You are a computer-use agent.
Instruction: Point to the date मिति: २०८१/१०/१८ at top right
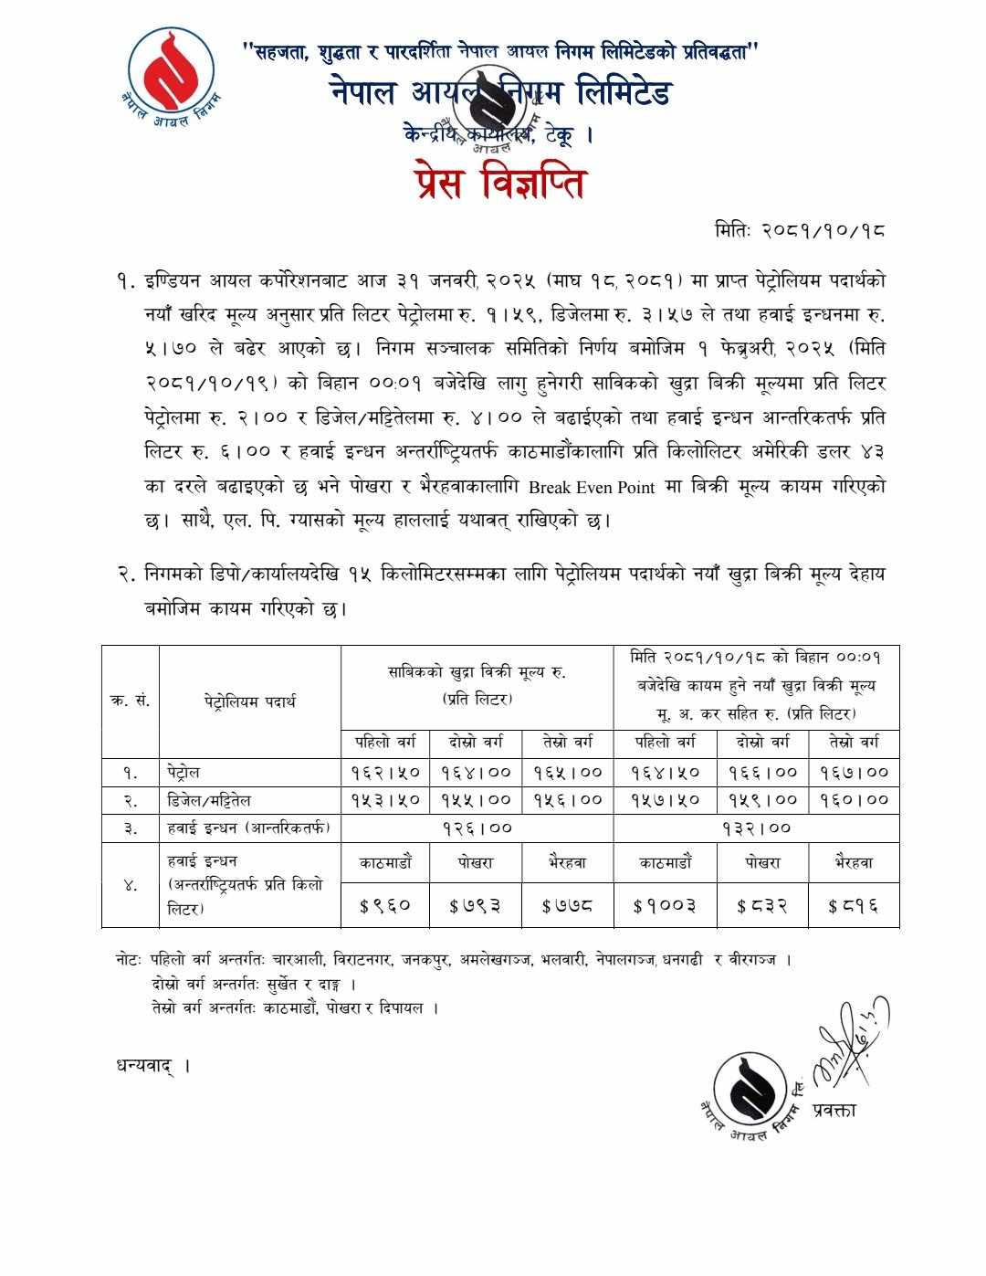800,230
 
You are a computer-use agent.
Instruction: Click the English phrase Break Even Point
592,487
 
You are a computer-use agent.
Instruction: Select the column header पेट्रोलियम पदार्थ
250,701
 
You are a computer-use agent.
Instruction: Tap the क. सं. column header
130,701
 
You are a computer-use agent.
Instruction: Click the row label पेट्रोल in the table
184,773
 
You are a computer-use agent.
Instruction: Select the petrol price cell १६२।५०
385,773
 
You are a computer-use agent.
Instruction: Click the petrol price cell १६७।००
854,773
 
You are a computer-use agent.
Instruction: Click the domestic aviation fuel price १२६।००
477,828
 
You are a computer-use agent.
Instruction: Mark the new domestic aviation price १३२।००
756,828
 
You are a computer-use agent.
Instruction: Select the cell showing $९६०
385,906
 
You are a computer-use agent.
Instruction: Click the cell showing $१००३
665,906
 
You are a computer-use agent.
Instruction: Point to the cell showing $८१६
854,906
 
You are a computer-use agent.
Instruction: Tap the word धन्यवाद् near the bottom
145,1065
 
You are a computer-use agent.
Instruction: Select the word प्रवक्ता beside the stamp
832,1111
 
